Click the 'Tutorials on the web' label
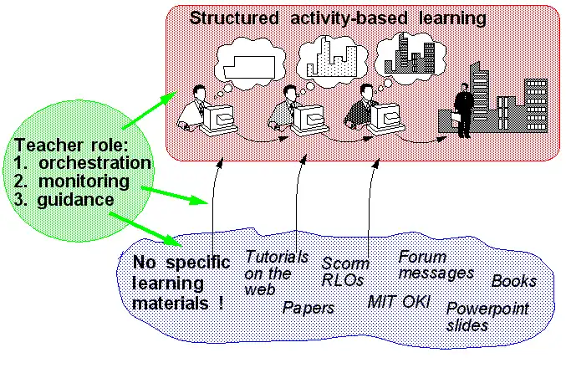[276, 272]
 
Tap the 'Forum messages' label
[435, 264]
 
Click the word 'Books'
[513, 281]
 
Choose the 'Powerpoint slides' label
[487, 316]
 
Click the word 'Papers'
[308, 308]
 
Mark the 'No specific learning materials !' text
[179, 283]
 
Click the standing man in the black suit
[462, 108]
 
